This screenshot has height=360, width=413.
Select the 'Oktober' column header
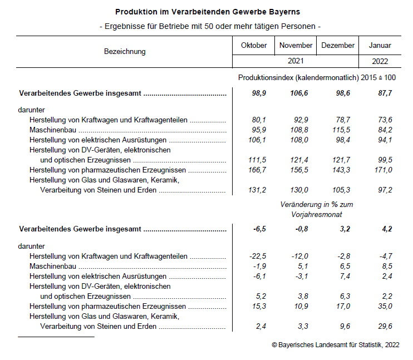point(254,46)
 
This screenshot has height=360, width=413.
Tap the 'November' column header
point(296,46)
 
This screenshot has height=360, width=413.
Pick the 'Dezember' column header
point(338,46)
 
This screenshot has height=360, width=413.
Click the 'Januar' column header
point(380,46)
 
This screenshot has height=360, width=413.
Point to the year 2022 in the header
point(380,61)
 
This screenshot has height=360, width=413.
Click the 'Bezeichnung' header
point(125,52)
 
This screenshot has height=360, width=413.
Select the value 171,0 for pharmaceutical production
point(383,170)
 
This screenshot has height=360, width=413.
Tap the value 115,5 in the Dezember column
point(341,130)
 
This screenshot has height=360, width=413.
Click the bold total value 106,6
point(299,93)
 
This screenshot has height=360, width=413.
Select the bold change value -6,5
point(258,229)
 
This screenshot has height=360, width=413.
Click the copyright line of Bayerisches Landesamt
point(336,346)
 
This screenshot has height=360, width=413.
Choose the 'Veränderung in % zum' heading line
point(317,204)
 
